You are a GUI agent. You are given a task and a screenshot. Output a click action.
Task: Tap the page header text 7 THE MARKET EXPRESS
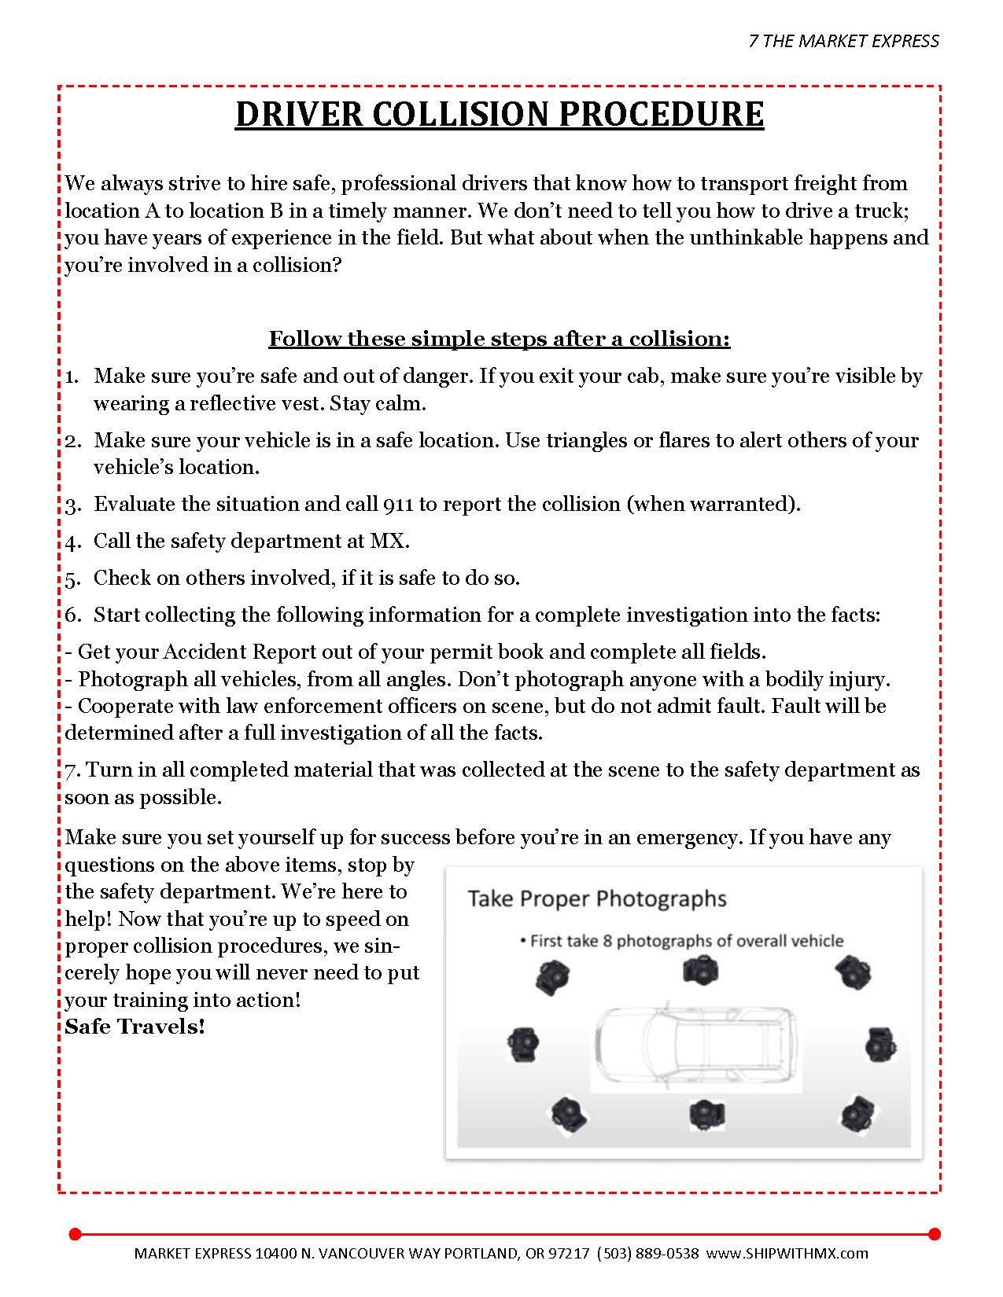click(x=843, y=41)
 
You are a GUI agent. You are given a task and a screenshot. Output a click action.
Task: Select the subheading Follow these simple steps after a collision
click(x=500, y=339)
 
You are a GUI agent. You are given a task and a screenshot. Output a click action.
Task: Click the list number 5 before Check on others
click(x=72, y=579)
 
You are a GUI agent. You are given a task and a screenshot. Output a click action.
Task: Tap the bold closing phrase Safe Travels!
click(x=135, y=1027)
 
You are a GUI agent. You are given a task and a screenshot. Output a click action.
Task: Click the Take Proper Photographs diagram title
click(x=597, y=898)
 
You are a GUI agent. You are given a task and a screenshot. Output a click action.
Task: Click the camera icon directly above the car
click(x=699, y=972)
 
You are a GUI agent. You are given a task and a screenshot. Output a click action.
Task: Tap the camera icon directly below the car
click(x=706, y=1114)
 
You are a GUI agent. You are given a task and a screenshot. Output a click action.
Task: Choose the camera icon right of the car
click(x=879, y=1045)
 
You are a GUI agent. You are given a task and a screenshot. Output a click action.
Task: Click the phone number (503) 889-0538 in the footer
click(x=647, y=1253)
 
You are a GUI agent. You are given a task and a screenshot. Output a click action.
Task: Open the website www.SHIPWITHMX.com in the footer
click(x=787, y=1253)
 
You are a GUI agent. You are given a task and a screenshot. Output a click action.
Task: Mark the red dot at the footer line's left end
click(x=75, y=1233)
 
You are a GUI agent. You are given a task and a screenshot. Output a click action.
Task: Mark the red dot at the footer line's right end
click(x=934, y=1233)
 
